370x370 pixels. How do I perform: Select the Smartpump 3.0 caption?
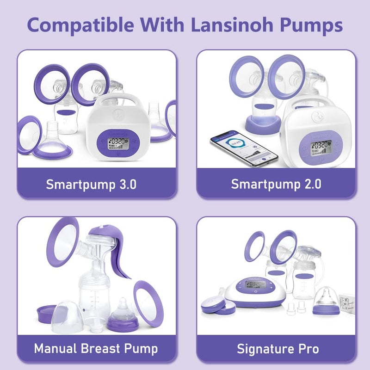[x=91, y=184]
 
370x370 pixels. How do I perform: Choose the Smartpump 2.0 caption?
[x=276, y=184]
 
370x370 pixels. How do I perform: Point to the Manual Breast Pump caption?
[x=96, y=348]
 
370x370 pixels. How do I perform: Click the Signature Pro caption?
[x=277, y=348]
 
